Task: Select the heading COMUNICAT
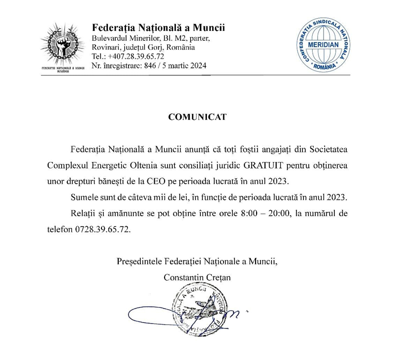(197, 118)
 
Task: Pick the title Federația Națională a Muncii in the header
(159, 27)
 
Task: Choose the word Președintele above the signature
(140, 261)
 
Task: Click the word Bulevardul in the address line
(110, 38)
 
